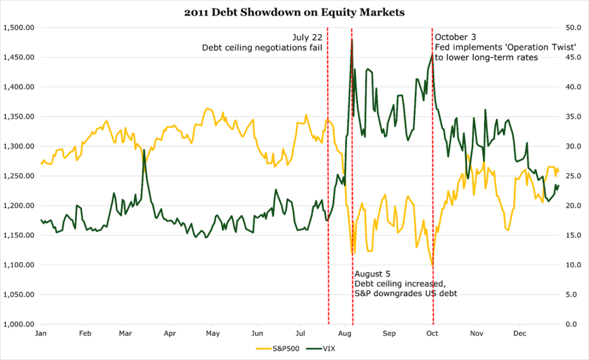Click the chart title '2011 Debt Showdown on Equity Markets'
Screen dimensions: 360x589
294,11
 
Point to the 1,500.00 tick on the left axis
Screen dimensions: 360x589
20,28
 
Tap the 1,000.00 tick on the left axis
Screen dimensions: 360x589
20,324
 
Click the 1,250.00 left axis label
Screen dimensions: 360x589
20,176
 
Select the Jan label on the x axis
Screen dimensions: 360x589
41,334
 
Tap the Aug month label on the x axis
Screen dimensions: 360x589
345,334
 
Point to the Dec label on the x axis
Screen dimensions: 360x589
520,334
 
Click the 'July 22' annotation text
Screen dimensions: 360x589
308,37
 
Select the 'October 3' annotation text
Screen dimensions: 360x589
456,37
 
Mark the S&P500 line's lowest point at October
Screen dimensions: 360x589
433,265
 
